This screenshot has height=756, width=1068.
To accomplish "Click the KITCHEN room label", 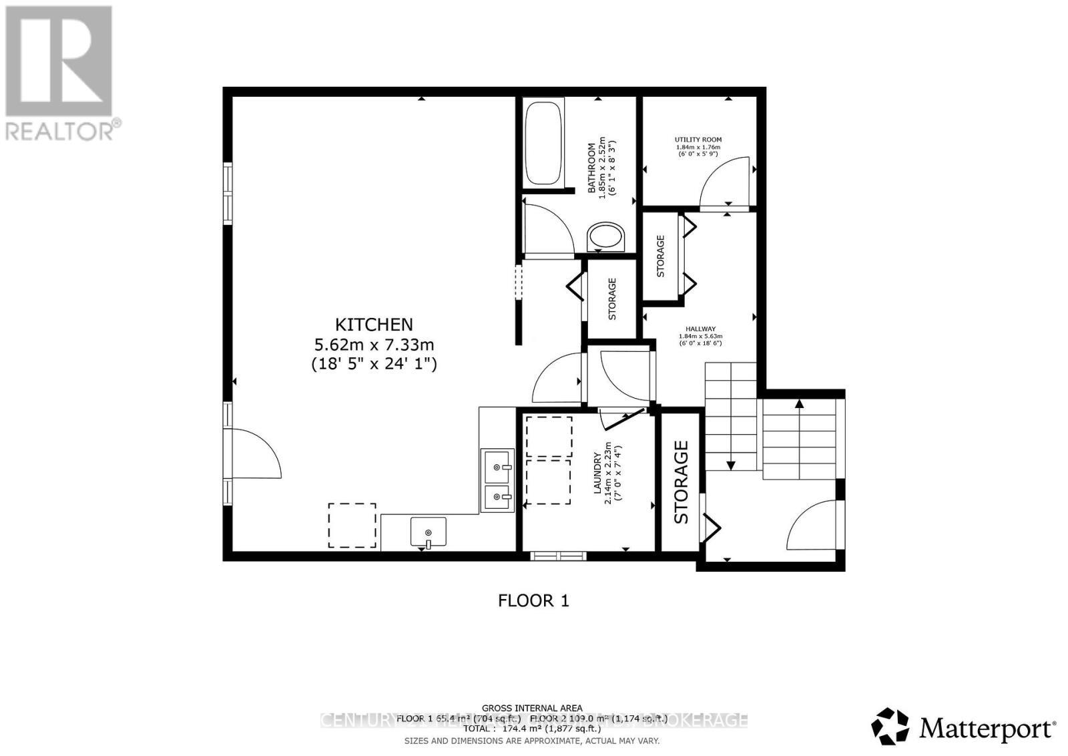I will coord(374,325).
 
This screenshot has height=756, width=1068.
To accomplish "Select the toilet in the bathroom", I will coord(606,238).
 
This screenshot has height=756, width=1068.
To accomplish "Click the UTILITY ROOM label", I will coord(698,140).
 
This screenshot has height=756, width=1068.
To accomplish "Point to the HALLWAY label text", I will coord(700,329).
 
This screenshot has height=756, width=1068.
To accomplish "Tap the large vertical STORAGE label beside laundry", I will coord(681,482).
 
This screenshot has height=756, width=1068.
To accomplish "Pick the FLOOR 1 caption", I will coord(533,600).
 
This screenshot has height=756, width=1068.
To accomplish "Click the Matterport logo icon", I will coord(890,726).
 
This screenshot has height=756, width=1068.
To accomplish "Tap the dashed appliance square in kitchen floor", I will coord(352,526).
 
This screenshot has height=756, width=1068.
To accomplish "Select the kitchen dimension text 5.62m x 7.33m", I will coord(374,345).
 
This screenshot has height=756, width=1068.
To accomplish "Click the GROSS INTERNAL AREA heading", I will coord(532,708).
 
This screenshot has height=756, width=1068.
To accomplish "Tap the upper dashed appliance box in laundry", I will coord(549,437).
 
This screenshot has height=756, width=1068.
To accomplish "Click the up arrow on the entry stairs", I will coord(799,403).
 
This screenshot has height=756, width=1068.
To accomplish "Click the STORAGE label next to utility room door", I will coord(661,256).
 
